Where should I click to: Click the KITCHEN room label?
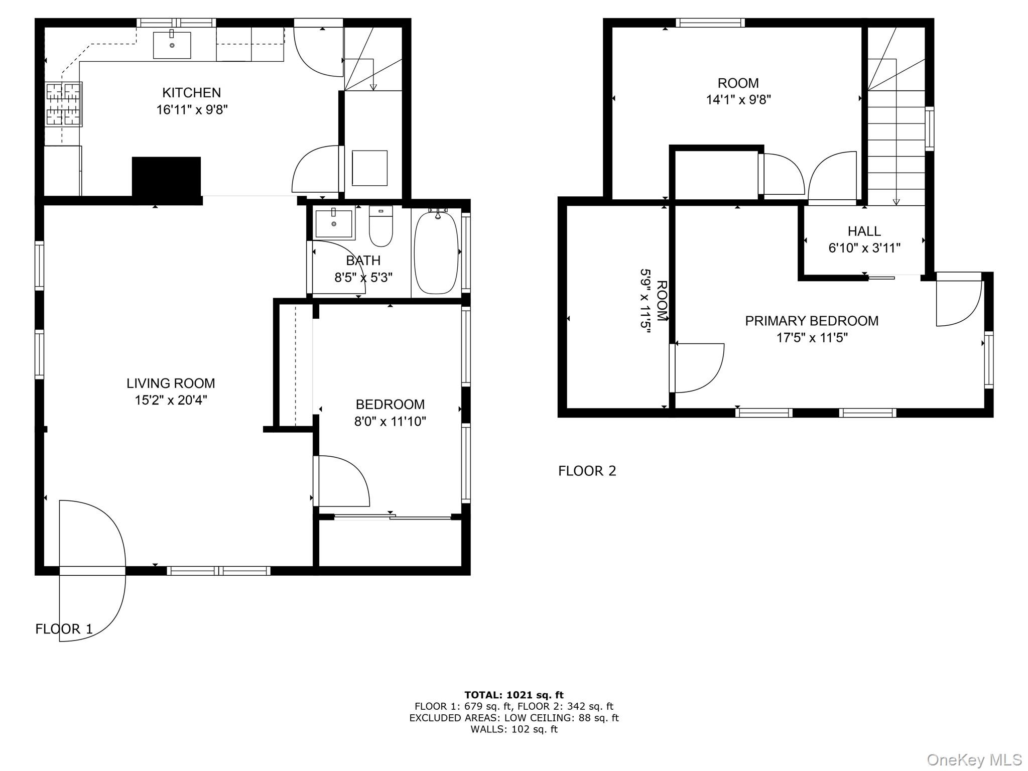191,93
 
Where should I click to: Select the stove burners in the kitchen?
64,104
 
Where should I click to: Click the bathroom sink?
334,224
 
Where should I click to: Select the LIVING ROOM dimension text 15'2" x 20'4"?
171,400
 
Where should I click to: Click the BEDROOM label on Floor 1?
390,404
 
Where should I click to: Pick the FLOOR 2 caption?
587,471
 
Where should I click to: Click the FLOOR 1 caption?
64,629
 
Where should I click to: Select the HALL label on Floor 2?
864,231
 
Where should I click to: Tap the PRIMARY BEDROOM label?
812,321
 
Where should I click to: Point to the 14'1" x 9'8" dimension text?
738,99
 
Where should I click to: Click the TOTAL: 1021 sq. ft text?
513,695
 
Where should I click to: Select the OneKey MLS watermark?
974,759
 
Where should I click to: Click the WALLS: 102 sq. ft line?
513,729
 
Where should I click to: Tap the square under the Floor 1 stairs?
369,168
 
